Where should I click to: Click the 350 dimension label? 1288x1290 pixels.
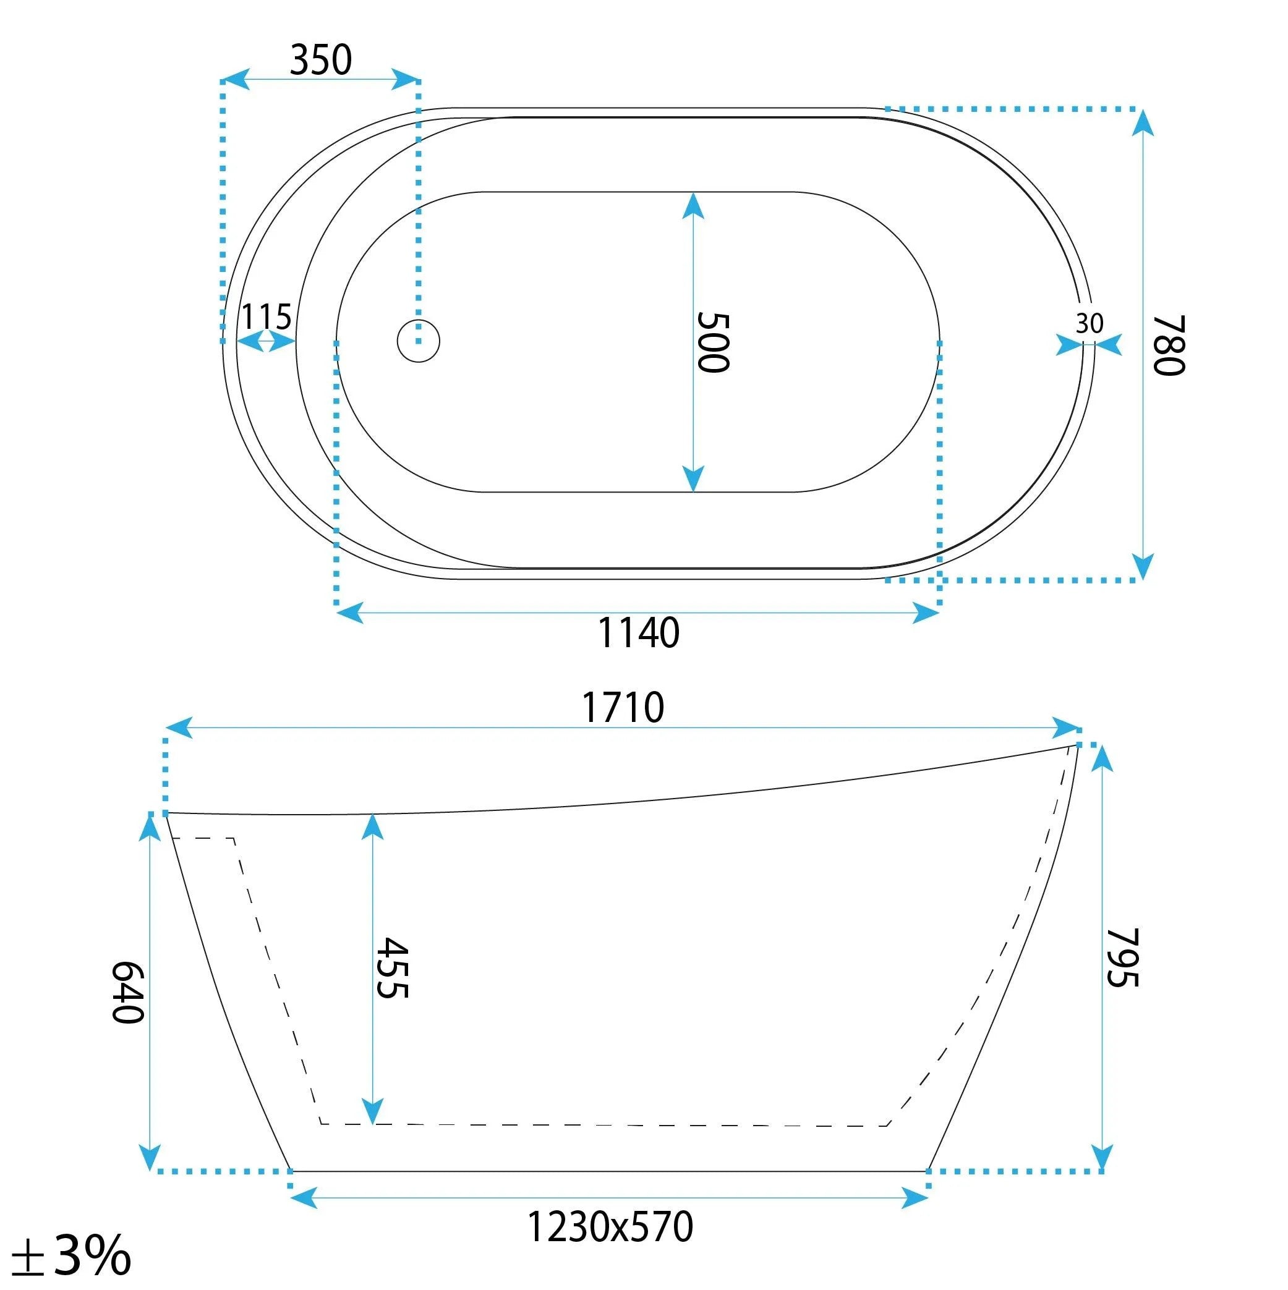pos(321,60)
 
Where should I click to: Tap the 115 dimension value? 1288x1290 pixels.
pos(266,316)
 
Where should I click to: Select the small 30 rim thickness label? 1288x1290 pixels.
pos(1089,324)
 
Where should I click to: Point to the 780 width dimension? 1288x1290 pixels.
pos(1169,345)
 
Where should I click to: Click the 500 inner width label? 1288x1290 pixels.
pos(713,342)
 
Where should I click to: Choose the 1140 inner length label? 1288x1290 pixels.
pos(638,633)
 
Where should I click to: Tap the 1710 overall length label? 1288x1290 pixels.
pos(623,708)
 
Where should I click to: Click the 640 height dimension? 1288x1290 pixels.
pos(127,992)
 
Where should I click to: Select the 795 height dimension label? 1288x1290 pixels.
pos(1122,957)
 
